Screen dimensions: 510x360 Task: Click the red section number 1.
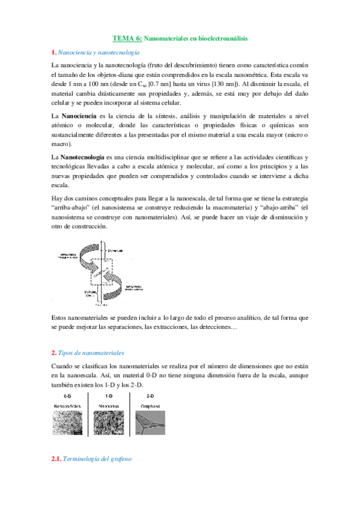(x=53, y=52)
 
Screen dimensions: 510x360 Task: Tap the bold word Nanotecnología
(x=82, y=157)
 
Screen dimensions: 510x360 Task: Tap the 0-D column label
(x=68, y=397)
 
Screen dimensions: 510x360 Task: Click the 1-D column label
(x=109, y=397)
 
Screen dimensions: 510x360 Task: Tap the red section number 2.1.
(x=57, y=460)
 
